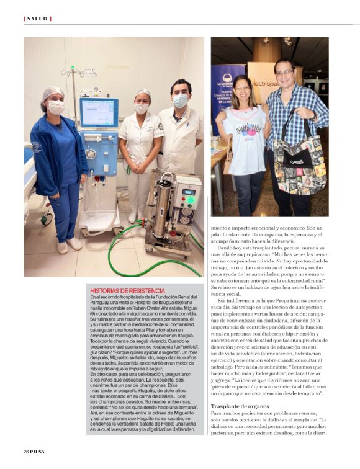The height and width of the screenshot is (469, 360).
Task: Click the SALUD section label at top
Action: [x=37, y=19]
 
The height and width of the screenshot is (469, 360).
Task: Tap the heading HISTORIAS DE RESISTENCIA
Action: [x=127, y=290]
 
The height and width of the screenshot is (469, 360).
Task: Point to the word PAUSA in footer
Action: [x=38, y=451]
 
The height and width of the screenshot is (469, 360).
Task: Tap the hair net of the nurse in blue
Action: [x=53, y=93]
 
